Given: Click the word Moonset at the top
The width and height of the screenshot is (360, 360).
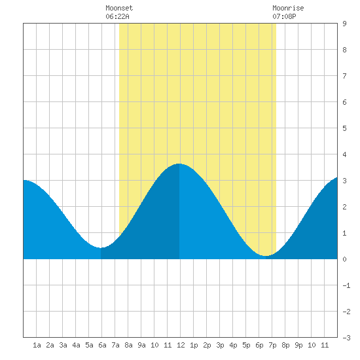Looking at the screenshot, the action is pos(119,8).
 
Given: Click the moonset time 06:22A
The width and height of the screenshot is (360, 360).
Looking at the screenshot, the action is pos(117,16).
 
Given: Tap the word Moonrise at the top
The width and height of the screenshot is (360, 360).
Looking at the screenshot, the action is pos(288,8).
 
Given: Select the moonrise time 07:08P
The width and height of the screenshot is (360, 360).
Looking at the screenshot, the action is pos(284,16).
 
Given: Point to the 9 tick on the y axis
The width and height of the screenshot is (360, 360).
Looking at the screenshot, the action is pos(344,24).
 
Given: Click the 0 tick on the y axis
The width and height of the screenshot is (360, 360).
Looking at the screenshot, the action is pos(344,259).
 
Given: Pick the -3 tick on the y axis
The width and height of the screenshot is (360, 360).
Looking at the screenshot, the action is pos(346,338).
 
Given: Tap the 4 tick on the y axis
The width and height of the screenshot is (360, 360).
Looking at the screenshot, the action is pos(344,154).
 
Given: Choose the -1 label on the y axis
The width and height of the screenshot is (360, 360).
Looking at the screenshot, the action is pos(346,285).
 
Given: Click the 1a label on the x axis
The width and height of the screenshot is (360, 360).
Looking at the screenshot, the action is pos(37,345).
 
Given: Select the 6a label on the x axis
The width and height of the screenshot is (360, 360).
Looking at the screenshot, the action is pos(102,345).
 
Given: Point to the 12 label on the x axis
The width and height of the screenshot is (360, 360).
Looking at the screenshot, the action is pos(181,345).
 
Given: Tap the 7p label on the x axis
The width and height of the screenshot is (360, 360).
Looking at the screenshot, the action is pos(272,345).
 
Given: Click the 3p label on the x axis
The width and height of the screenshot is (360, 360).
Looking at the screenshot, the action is pos(220,345).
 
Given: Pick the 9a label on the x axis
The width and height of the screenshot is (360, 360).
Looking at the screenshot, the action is pos(141,345).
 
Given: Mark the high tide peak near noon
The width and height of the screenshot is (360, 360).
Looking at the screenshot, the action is pos(179,164).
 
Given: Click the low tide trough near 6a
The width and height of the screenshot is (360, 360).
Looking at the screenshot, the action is pos(101,247).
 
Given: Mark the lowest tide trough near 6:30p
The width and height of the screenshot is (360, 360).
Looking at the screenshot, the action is pos(265,255).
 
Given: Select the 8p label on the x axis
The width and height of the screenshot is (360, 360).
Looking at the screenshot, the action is pos(285,345).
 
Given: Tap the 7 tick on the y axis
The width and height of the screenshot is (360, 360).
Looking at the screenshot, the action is pos(344,76).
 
